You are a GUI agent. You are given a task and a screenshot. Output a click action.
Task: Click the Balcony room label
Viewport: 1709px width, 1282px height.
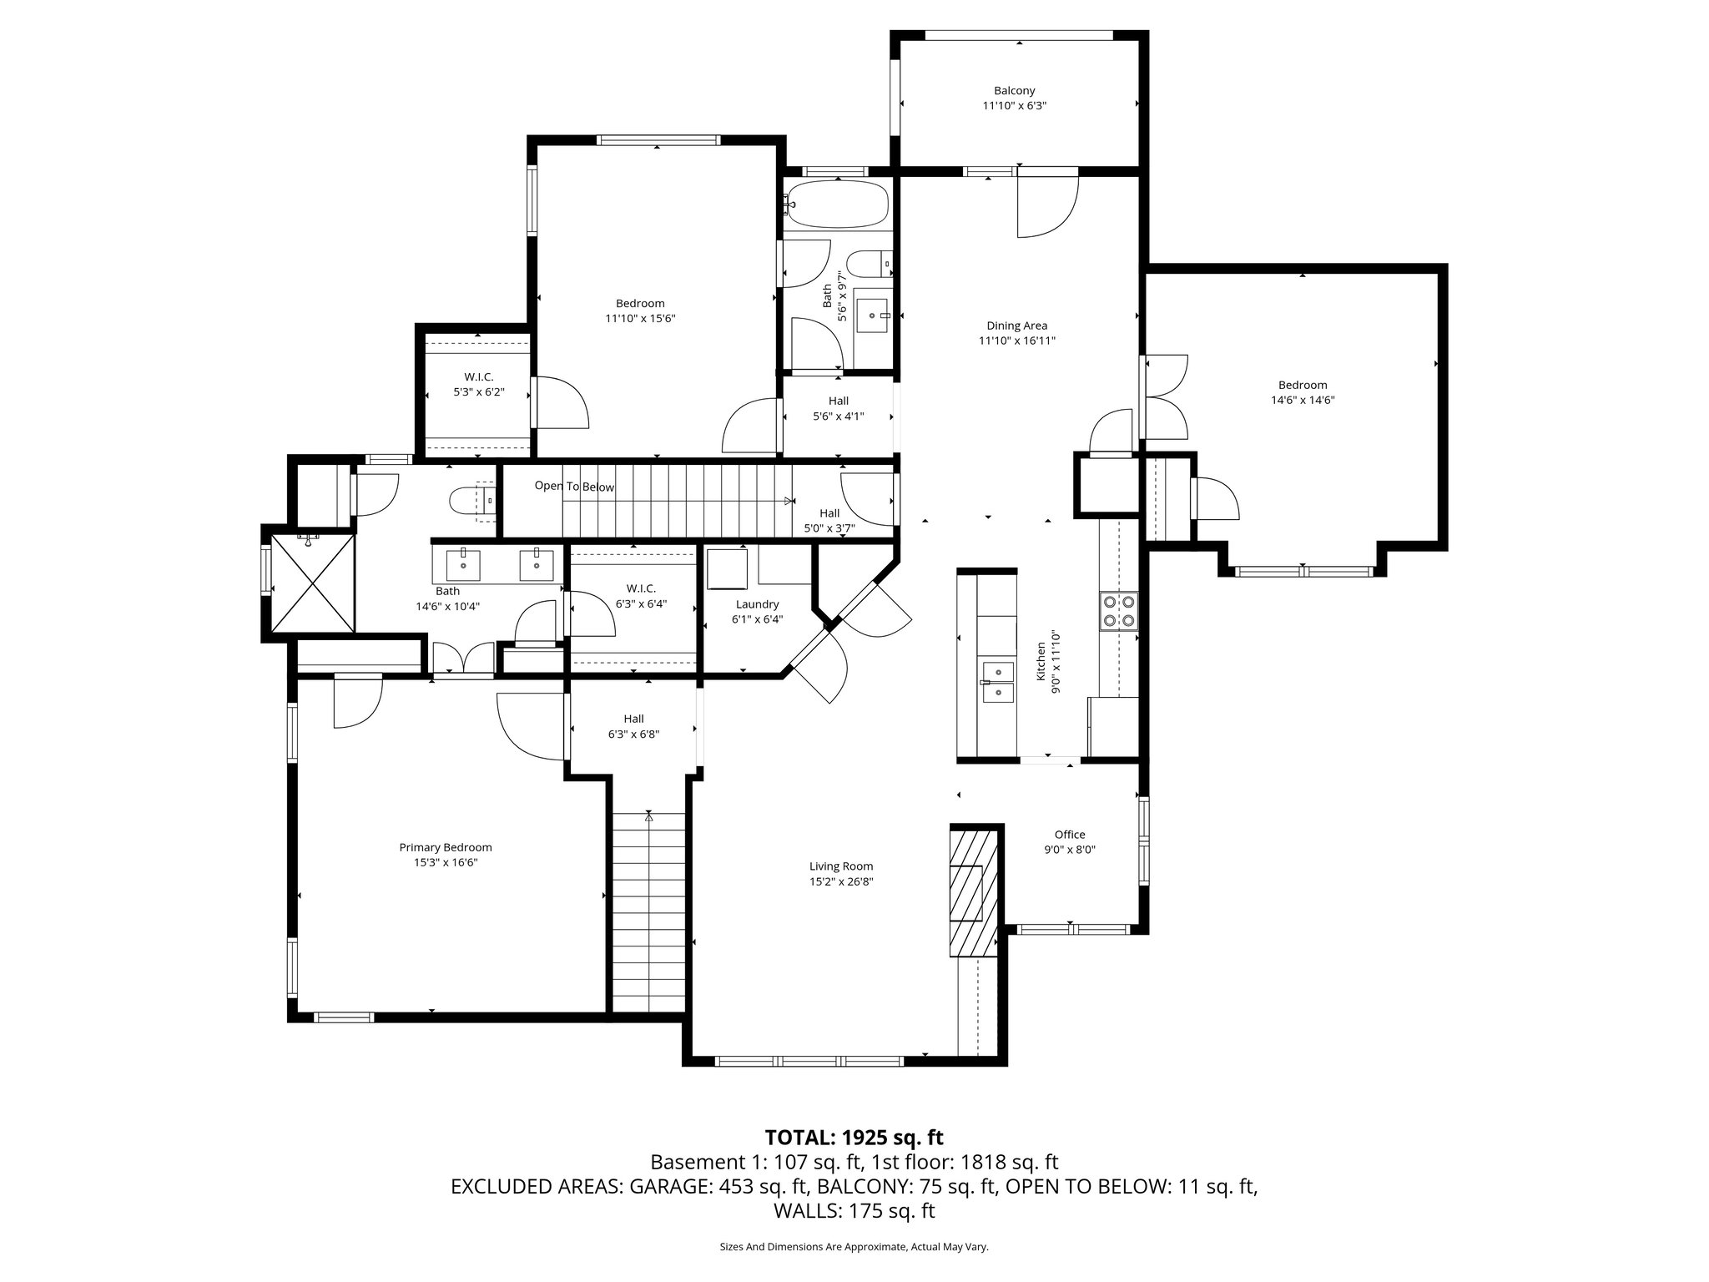point(1014,91)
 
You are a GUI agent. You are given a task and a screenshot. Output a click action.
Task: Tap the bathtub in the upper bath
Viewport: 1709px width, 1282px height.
point(838,204)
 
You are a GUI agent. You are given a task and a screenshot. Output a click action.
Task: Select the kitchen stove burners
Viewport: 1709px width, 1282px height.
point(1118,609)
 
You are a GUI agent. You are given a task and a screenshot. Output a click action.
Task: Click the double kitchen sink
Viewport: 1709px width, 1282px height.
point(998,682)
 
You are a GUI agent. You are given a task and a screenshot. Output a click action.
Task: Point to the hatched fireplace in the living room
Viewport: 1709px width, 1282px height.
point(973,891)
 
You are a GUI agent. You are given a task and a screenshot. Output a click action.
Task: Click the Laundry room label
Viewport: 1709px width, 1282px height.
point(757,604)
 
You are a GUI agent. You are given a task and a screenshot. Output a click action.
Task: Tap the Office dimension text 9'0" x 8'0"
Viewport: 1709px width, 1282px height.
point(1069,850)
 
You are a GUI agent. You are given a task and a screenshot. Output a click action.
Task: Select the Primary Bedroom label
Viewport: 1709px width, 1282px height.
point(446,847)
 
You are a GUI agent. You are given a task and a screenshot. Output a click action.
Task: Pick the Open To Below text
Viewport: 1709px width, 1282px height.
point(574,487)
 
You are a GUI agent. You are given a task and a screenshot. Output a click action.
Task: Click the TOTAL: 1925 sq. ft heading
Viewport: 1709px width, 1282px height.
point(854,1137)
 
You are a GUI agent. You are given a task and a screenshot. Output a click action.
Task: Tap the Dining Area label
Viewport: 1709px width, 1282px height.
point(1016,326)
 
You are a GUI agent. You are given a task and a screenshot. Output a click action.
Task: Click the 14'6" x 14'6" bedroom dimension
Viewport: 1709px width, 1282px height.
point(1302,400)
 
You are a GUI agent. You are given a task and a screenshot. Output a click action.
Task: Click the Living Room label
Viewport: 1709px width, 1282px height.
point(840,866)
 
